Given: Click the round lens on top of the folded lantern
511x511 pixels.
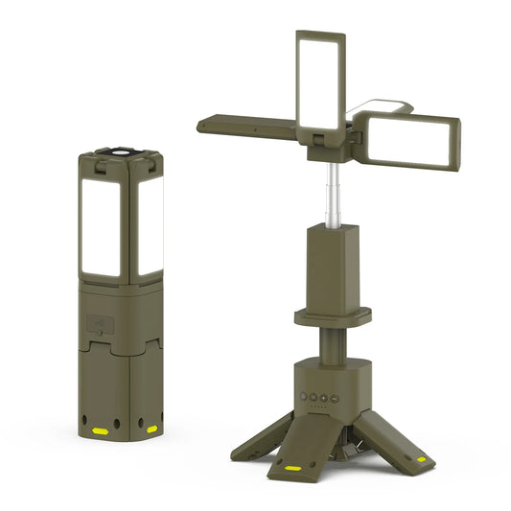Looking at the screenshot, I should (x=122, y=151).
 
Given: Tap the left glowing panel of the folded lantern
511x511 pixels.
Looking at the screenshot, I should (x=101, y=225).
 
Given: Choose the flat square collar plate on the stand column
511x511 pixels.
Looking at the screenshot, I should (x=332, y=314).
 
